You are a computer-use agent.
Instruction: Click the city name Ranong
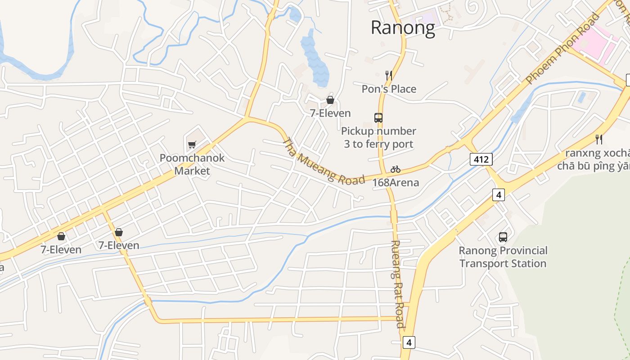(x=403, y=28)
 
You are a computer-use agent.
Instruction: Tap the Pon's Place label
(x=389, y=89)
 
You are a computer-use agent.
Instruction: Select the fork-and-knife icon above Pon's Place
(x=389, y=75)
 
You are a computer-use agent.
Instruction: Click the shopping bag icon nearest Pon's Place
(x=330, y=100)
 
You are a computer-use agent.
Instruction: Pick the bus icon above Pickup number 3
(x=378, y=118)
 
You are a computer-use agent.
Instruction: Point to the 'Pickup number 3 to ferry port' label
(x=378, y=138)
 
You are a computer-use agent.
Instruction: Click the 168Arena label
(x=396, y=183)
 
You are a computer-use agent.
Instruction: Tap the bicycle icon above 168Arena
(x=396, y=170)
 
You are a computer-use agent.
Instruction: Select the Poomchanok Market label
(x=192, y=164)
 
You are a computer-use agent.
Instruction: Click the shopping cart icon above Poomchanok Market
(x=192, y=144)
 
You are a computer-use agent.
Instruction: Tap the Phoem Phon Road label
(x=563, y=49)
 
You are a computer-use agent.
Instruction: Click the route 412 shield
(x=481, y=159)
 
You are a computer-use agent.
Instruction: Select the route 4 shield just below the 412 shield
(x=498, y=195)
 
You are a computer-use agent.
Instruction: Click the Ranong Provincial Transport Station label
(x=503, y=257)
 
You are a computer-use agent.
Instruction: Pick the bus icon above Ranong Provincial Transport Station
(x=503, y=237)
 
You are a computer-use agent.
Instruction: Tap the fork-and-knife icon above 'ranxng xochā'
(x=598, y=139)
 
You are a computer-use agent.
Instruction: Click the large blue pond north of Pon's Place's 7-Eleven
(x=315, y=58)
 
